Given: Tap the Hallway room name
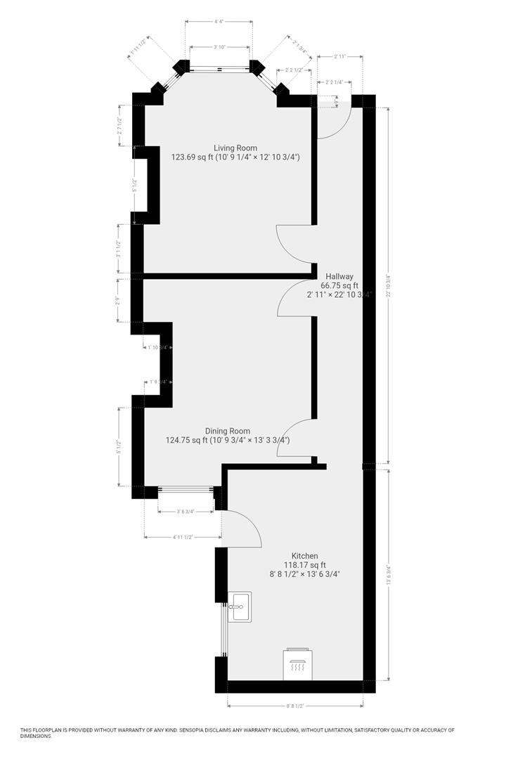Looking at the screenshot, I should (x=339, y=276).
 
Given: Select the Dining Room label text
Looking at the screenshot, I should (x=227, y=431).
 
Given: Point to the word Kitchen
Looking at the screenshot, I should (x=305, y=555).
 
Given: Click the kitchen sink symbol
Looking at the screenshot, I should (x=240, y=606).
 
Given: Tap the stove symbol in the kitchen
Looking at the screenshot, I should (x=297, y=663).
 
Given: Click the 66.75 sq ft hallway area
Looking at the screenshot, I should (x=339, y=286).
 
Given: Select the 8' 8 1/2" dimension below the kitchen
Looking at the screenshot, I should (x=296, y=706).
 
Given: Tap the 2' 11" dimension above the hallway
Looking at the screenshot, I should (x=341, y=56).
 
